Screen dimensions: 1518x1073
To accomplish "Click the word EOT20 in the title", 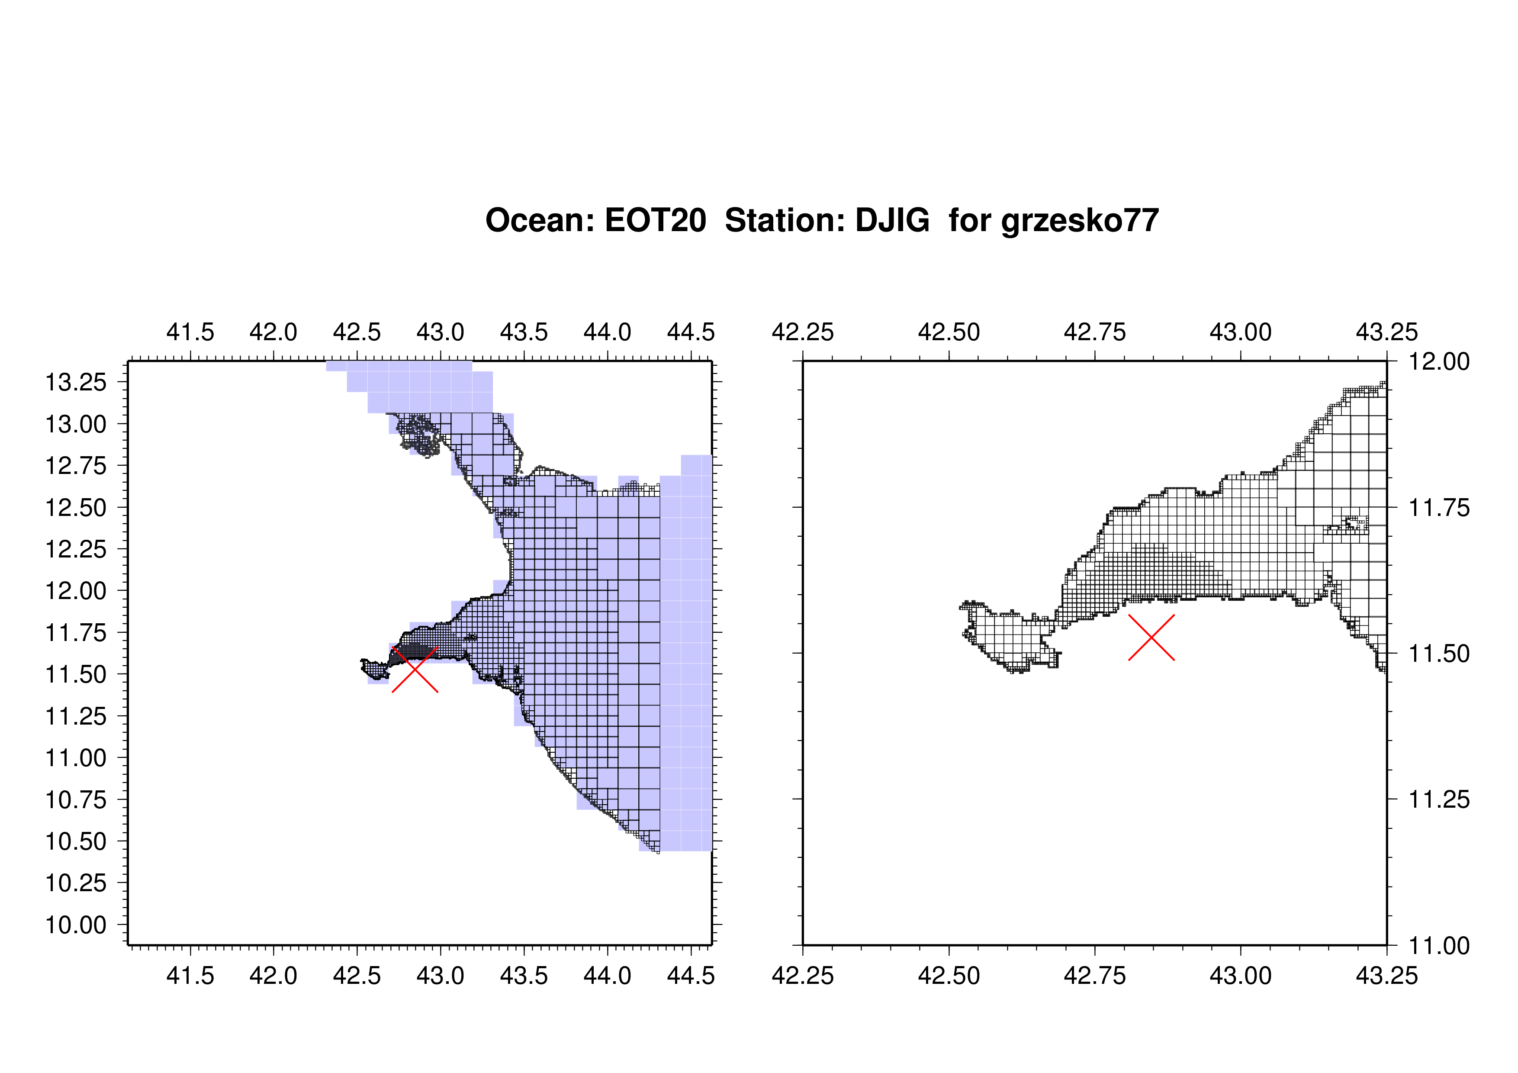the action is pyautogui.click(x=655, y=220).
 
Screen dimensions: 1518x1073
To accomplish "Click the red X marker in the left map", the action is pyautogui.click(x=415, y=669).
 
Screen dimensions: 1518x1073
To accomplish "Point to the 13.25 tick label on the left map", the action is pyautogui.click(x=75, y=382).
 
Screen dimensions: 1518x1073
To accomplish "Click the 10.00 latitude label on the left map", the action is pyautogui.click(x=75, y=925).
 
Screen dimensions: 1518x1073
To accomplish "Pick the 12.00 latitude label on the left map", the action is pyautogui.click(x=75, y=590).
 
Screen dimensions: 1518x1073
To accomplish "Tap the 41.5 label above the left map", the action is pyautogui.click(x=190, y=332).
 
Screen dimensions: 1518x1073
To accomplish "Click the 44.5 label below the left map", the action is pyautogui.click(x=691, y=976).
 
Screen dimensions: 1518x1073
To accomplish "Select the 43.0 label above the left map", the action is pyautogui.click(x=441, y=332).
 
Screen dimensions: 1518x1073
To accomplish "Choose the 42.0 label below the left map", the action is pyautogui.click(x=274, y=976).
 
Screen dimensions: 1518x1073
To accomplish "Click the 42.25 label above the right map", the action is pyautogui.click(x=803, y=332).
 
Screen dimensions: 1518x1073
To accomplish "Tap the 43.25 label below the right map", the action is pyautogui.click(x=1387, y=976).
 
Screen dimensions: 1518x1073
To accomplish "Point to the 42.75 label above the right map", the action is pyautogui.click(x=1095, y=332).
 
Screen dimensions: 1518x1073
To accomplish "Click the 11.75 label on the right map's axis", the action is pyautogui.click(x=1439, y=508).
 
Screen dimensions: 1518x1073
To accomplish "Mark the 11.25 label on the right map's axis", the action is pyautogui.click(x=1439, y=799).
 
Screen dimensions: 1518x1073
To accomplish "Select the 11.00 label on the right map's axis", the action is pyautogui.click(x=1439, y=945).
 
